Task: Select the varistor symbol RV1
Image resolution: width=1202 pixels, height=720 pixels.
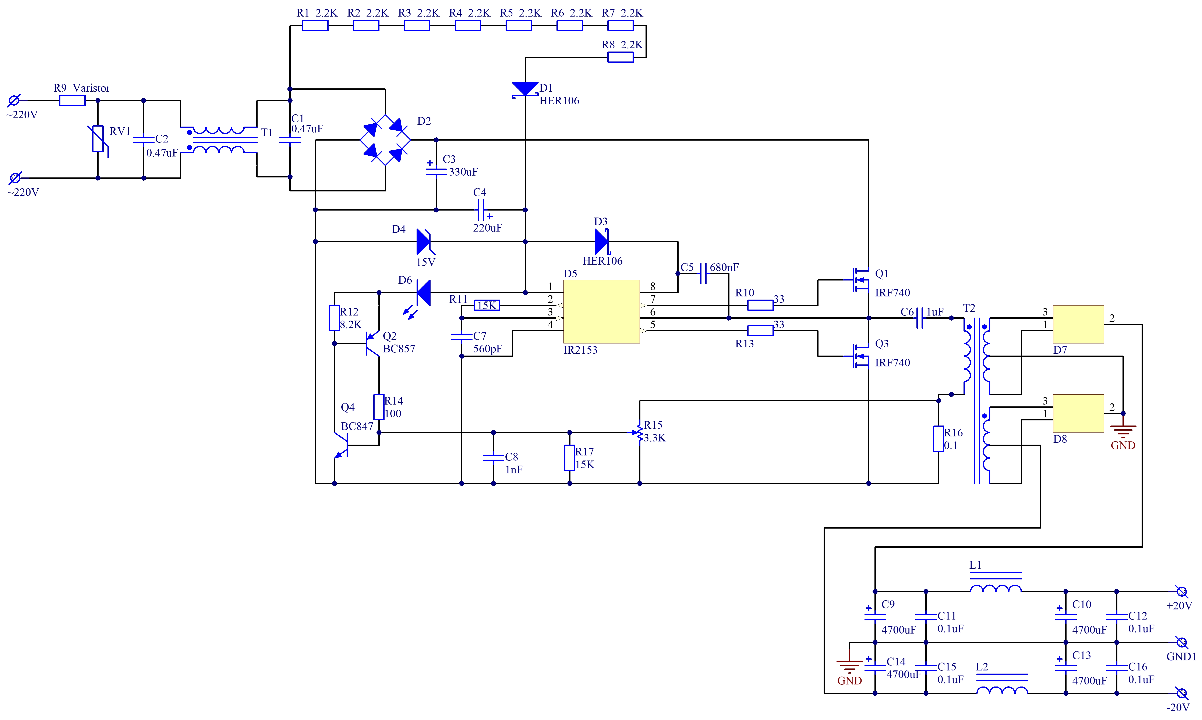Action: point(98,139)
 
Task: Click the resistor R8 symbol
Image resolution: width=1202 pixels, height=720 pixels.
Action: point(621,57)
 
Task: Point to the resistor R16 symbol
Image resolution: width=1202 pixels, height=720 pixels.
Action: point(939,439)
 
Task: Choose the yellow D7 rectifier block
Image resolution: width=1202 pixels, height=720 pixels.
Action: point(1078,324)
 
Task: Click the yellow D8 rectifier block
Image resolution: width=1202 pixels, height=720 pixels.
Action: point(1078,413)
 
